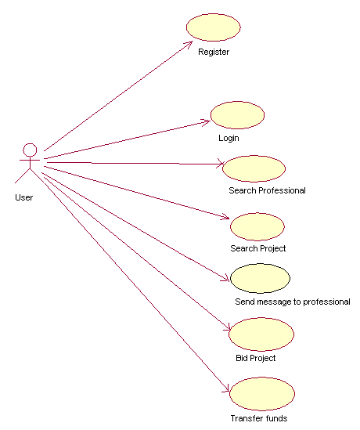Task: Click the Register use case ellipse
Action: point(214,27)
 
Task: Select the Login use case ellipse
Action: point(238,115)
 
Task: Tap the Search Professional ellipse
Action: point(254,168)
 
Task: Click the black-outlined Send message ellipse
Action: point(260,278)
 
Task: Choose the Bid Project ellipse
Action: point(261,334)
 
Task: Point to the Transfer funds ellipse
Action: point(262,394)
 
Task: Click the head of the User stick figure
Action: point(30,150)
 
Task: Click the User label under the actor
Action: point(24,197)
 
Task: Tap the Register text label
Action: point(214,52)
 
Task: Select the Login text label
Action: point(229,138)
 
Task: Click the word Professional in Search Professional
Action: point(283,190)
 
